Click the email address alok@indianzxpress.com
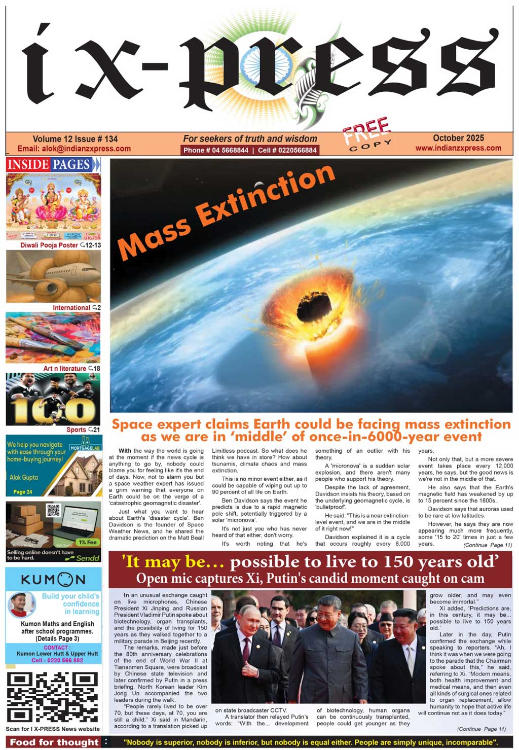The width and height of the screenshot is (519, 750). tap(74, 149)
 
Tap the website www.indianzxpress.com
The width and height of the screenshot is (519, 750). tap(458, 148)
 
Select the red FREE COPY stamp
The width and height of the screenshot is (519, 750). tap(367, 135)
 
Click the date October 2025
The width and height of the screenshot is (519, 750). tap(458, 138)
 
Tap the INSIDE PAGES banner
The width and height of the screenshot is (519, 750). tap(53, 164)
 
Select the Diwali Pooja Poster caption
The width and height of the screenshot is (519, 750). tap(49, 245)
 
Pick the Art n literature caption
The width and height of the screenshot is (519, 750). tap(64, 368)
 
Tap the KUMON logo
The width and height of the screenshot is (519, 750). tap(53, 580)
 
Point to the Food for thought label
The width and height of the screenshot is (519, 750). tap(54, 742)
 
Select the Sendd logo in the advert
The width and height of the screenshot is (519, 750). tap(88, 558)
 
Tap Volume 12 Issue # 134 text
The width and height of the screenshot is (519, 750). tap(75, 139)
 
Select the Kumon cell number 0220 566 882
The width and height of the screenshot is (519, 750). tap(57, 660)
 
